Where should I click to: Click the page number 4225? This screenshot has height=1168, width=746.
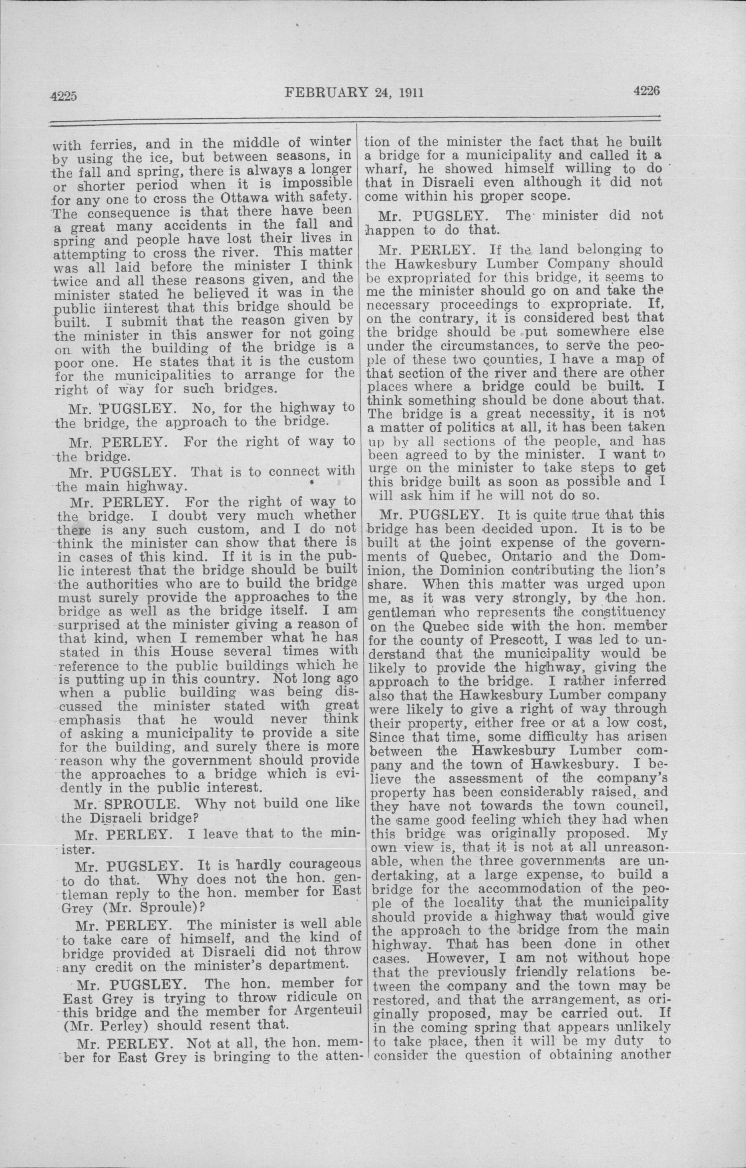click(64, 96)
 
